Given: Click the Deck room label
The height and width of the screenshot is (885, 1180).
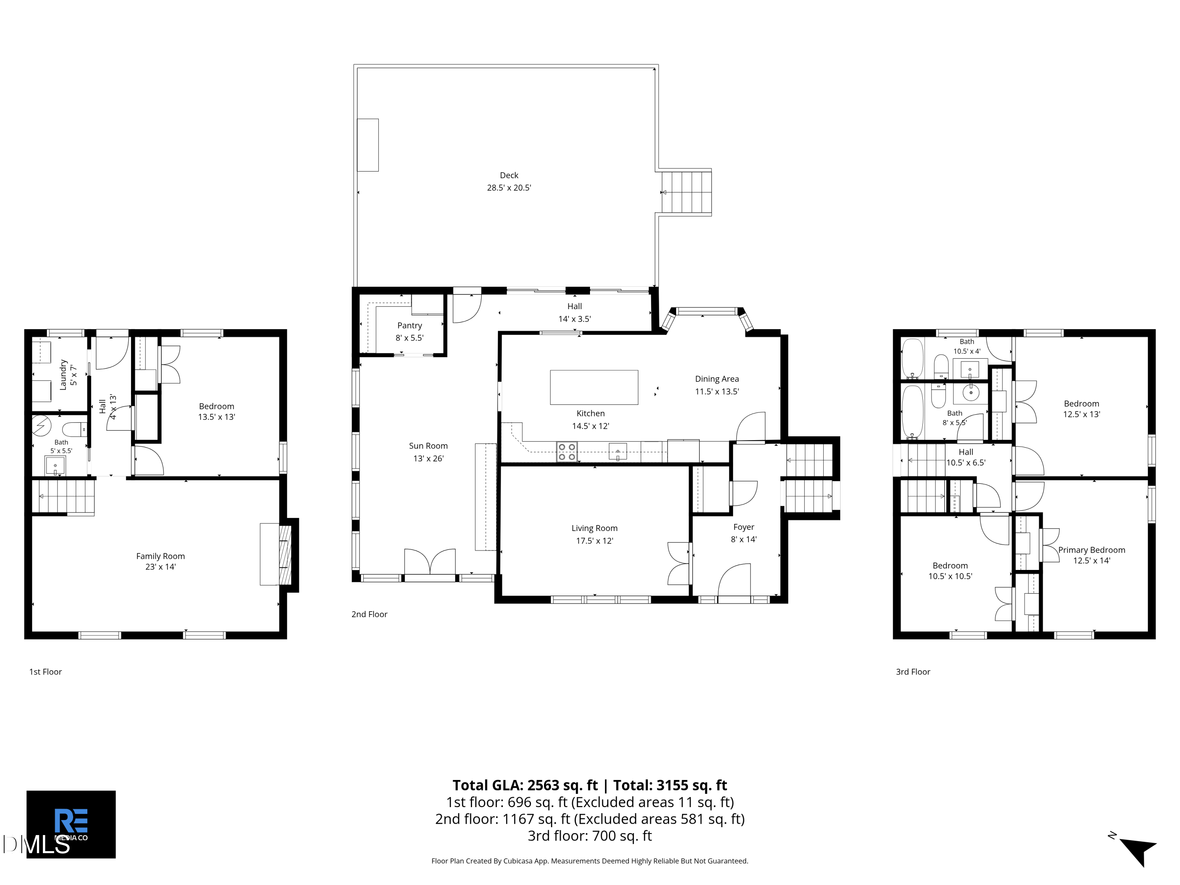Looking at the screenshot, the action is [x=509, y=175].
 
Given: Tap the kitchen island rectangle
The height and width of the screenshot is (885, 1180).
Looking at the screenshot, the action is [x=594, y=387].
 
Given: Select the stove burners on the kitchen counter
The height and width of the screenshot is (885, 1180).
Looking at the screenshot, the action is [x=566, y=452].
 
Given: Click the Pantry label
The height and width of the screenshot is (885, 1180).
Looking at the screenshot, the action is [x=409, y=325].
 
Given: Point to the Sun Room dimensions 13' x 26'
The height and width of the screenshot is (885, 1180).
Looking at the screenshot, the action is [x=428, y=458].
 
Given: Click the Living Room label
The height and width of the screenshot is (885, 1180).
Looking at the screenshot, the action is [x=594, y=528].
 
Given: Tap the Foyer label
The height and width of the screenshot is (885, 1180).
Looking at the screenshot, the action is [x=744, y=527].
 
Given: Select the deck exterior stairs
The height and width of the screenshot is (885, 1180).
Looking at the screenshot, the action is [x=686, y=192].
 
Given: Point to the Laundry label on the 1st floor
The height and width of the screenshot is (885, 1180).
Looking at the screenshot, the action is [x=63, y=374].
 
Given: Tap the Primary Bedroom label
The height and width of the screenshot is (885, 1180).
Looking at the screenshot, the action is [x=1091, y=550].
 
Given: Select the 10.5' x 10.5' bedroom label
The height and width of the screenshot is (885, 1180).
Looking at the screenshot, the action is [x=950, y=571].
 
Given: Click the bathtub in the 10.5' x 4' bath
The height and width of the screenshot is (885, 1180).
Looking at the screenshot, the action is [x=912, y=358].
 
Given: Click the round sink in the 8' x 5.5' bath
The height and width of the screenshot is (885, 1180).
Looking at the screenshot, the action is [x=971, y=393].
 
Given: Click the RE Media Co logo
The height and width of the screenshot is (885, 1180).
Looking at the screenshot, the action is [x=71, y=824].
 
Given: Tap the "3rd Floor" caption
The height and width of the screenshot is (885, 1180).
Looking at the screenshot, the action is [x=913, y=672].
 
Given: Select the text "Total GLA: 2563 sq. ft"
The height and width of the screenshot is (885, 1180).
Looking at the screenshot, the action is [x=525, y=785].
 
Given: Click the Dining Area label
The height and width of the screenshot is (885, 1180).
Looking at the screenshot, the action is [x=716, y=379].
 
